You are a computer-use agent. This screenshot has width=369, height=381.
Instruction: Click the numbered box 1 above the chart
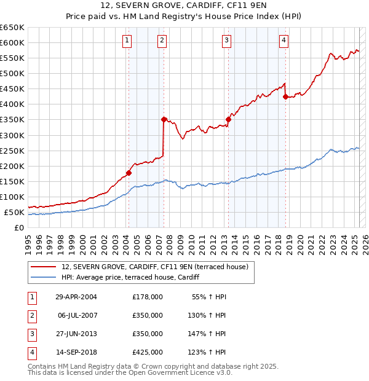[x=126, y=41]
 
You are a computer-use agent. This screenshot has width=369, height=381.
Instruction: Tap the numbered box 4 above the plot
[x=284, y=41]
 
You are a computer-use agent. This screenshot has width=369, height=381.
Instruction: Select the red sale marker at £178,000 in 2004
[x=129, y=173]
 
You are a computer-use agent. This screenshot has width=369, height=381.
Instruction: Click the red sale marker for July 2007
[x=164, y=119]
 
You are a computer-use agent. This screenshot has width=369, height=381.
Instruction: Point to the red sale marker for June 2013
[x=228, y=119]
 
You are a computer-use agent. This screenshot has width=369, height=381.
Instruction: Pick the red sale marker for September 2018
[x=285, y=96]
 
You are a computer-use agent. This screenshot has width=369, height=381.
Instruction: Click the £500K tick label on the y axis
[x=12, y=73]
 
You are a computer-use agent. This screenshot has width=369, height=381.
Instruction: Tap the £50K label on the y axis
[x=15, y=212]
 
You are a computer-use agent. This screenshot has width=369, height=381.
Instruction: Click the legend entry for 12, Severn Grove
[x=154, y=267]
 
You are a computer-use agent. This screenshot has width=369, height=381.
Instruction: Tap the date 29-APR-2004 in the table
[x=76, y=297]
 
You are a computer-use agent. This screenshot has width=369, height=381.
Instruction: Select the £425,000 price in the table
[x=148, y=352]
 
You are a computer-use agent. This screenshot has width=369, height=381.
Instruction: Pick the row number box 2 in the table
[x=31, y=315]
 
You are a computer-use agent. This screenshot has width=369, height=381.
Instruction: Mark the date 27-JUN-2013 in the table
[x=76, y=334]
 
